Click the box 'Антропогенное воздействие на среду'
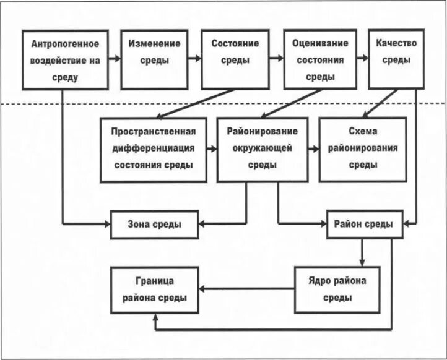[x=65, y=60]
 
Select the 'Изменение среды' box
[x=155, y=60]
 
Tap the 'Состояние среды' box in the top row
[x=231, y=60]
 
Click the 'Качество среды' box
[x=396, y=60]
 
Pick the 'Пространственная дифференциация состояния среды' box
[x=154, y=148]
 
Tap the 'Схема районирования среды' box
[x=362, y=148]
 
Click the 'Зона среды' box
[x=155, y=225]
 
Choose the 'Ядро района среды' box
[x=337, y=289]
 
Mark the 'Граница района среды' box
[x=155, y=289]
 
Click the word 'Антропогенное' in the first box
[x=65, y=45]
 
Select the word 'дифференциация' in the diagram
[x=154, y=148]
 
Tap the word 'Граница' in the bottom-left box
[x=155, y=281]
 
